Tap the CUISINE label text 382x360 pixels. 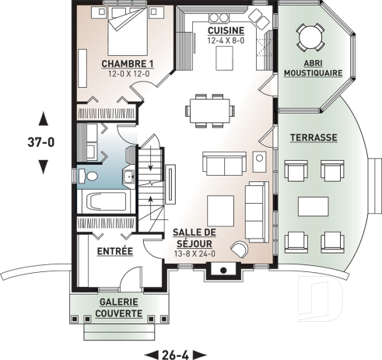(225, 30)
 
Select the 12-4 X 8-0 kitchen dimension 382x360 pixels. (225, 40)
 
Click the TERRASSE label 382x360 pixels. (313, 137)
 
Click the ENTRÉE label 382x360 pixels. (114, 252)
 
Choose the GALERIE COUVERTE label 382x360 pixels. (119, 308)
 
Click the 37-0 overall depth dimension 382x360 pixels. (44, 142)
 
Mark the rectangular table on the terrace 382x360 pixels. (313, 205)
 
